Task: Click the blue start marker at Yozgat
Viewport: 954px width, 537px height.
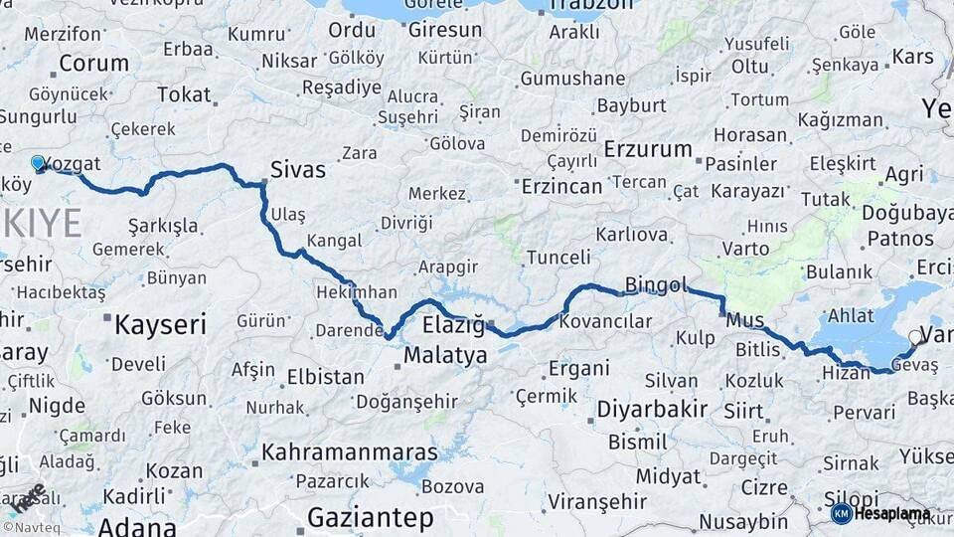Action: tap(38, 162)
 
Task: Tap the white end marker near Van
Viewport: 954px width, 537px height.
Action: tap(915, 337)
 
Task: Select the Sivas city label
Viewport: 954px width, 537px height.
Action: tap(298, 169)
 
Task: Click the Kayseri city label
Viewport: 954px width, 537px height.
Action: tap(159, 324)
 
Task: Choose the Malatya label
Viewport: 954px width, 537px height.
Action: tap(445, 355)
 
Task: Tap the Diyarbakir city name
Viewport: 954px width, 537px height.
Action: tap(652, 409)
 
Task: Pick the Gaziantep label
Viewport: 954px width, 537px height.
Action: tap(371, 517)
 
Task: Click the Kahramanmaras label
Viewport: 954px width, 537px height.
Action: tap(349, 452)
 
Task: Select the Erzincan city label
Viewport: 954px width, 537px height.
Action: tap(561, 186)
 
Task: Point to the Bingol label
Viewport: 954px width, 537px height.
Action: tap(656, 286)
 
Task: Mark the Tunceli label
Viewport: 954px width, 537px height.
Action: tap(558, 258)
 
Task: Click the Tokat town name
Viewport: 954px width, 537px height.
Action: tap(184, 95)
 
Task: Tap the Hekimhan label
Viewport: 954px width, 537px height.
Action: tap(356, 292)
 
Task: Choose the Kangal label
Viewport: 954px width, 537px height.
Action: tap(334, 241)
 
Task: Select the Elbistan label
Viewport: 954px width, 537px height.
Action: tap(325, 377)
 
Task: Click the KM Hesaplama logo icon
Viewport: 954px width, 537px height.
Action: tap(841, 513)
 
